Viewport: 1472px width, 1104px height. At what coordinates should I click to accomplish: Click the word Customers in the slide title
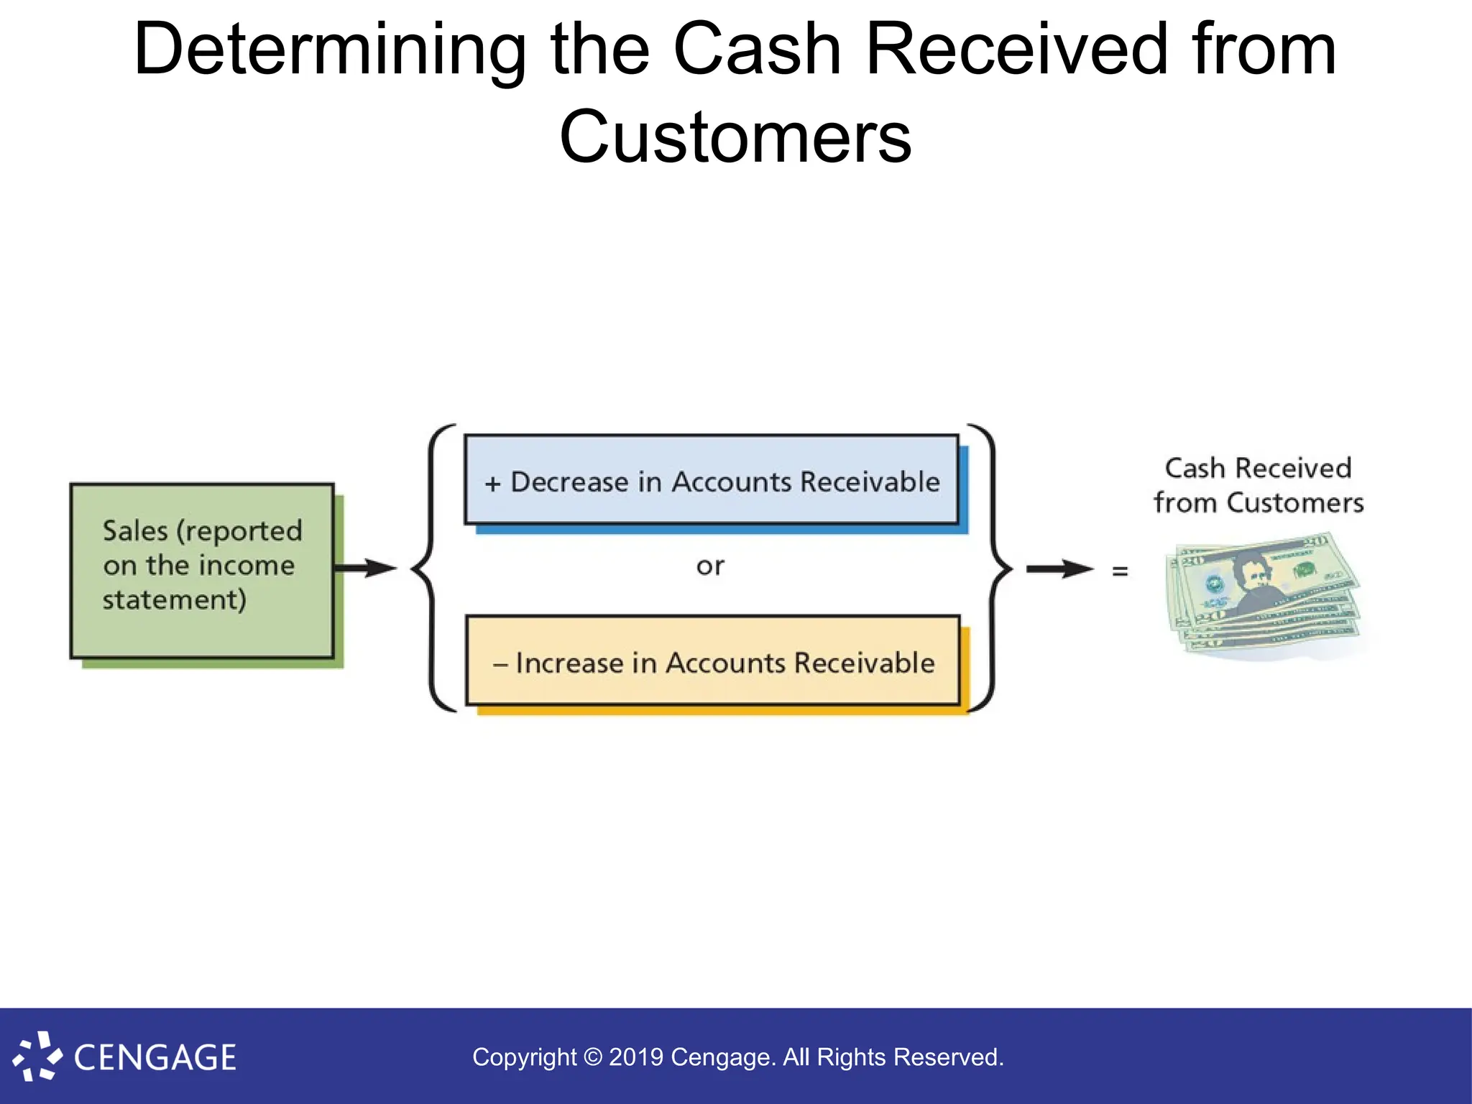click(735, 137)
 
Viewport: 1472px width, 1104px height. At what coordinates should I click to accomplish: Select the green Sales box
click(202, 570)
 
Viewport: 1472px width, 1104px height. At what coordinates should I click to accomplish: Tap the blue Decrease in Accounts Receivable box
click(712, 479)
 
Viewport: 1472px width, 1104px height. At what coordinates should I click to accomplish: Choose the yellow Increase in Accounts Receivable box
click(713, 661)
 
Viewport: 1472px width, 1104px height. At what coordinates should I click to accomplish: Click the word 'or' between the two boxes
click(710, 566)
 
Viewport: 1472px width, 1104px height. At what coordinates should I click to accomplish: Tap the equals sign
click(1120, 571)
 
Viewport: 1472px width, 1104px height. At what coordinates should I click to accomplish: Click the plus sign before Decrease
click(492, 484)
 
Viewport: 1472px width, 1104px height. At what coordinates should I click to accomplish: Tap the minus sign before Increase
click(500, 664)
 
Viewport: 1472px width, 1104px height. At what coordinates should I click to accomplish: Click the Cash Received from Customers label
click(1259, 485)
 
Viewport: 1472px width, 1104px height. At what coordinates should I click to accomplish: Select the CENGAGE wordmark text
click(155, 1058)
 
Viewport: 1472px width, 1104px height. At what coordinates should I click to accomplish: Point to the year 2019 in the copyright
click(636, 1057)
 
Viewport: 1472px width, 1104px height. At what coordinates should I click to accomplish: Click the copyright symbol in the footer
click(592, 1057)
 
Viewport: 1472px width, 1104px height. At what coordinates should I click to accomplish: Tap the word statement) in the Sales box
click(174, 599)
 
